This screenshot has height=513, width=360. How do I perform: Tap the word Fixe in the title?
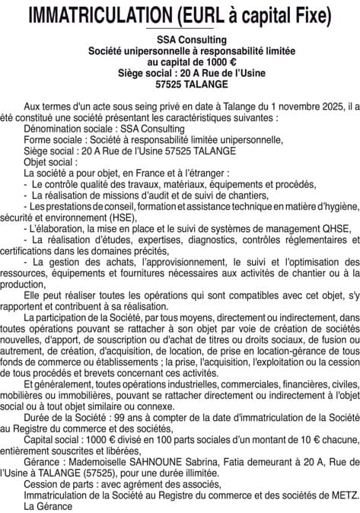point(309,14)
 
